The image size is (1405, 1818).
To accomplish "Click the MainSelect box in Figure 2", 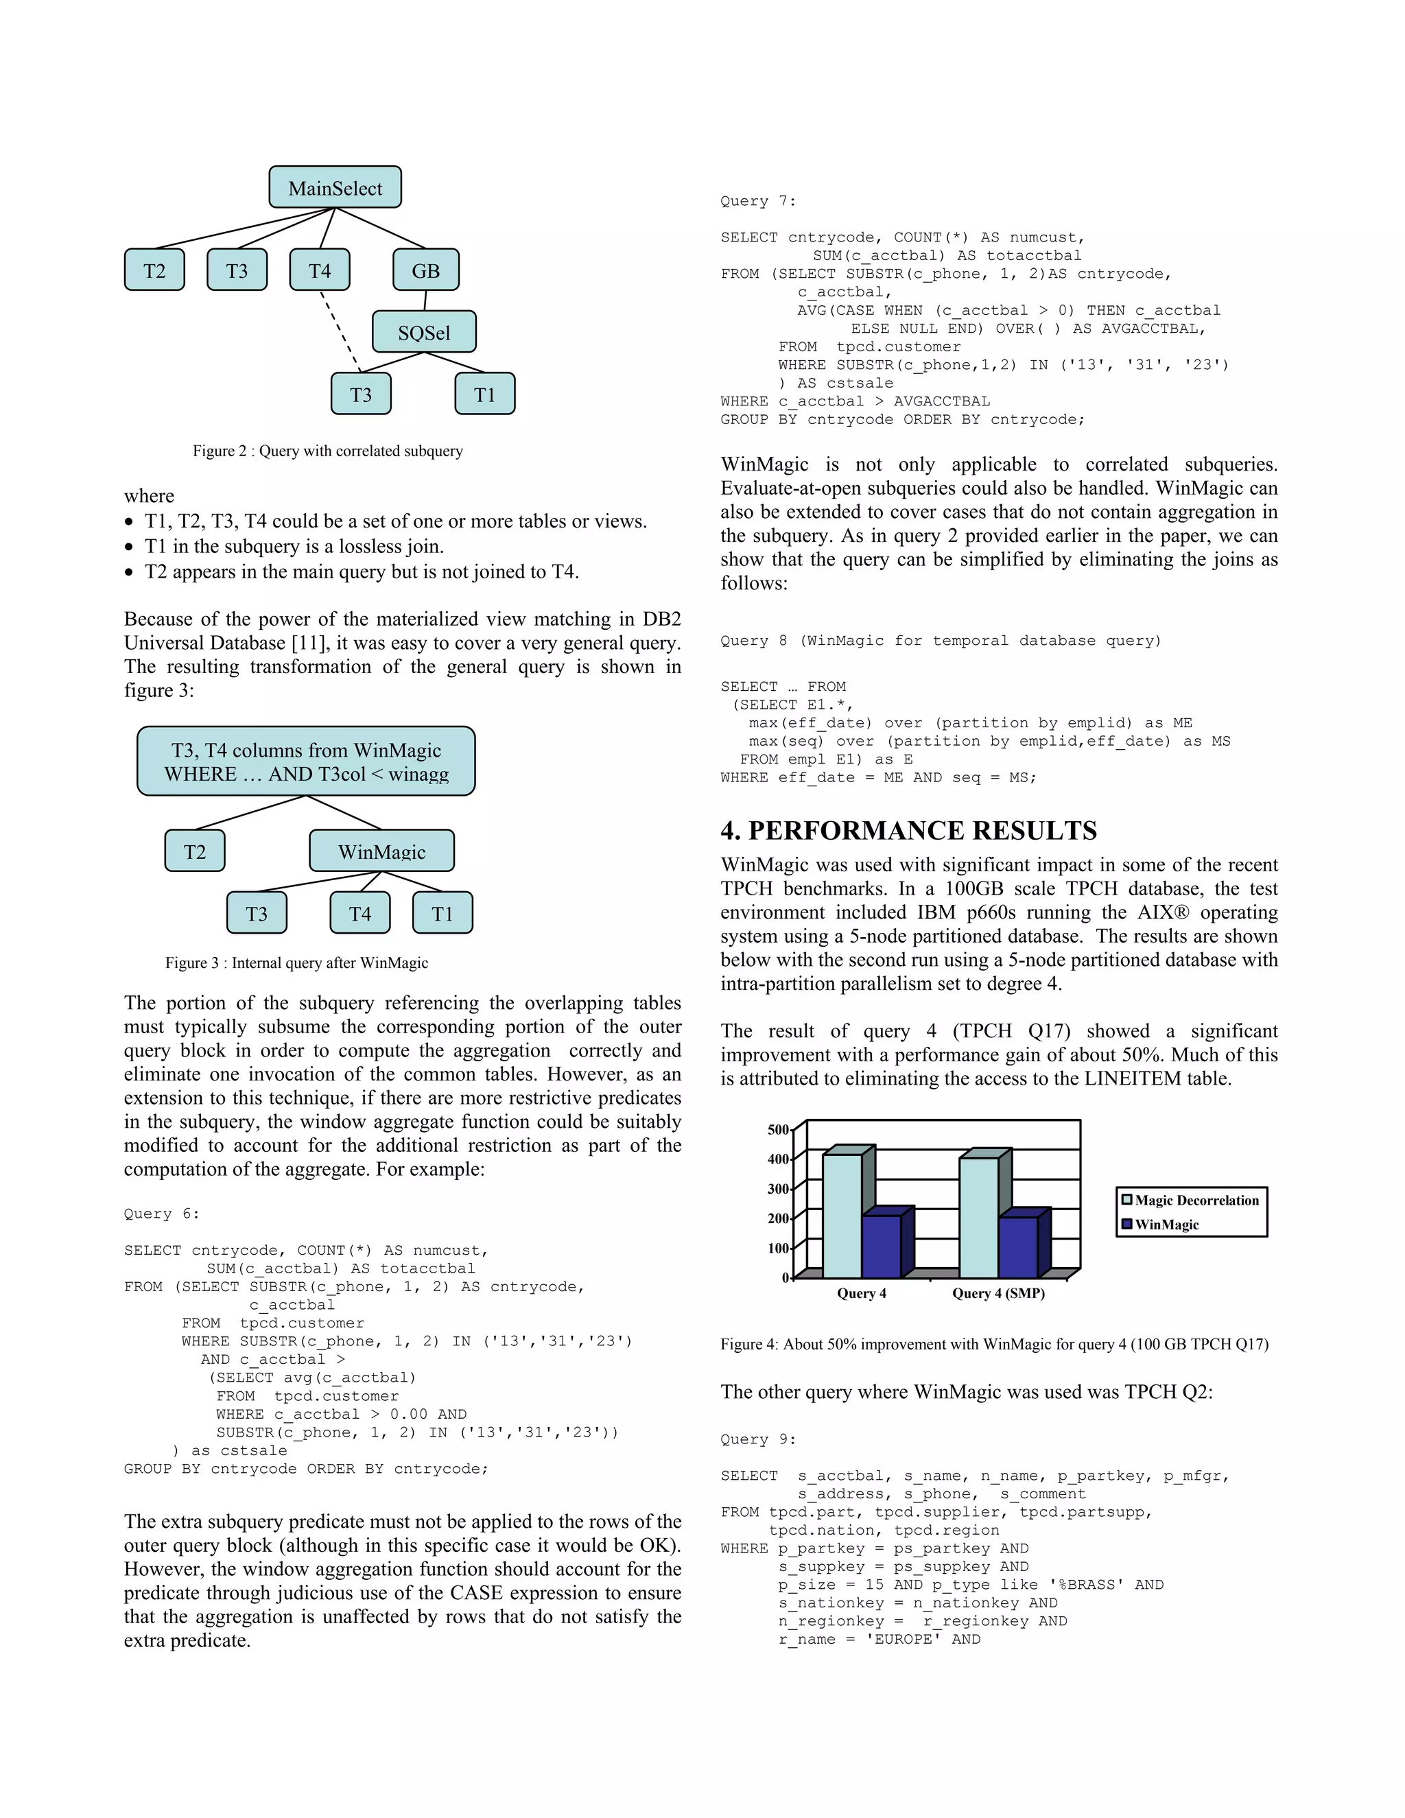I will (x=335, y=187).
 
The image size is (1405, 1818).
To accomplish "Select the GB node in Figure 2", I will (x=425, y=270).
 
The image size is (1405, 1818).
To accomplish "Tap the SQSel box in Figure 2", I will (x=424, y=332).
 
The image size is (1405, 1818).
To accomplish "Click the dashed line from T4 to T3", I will (x=340, y=331).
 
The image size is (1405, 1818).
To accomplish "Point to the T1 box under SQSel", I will (x=484, y=394).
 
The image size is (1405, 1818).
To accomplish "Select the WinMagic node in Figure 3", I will (x=381, y=851).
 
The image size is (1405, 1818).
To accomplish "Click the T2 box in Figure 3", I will (x=195, y=851).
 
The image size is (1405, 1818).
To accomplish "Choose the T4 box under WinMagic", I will (x=359, y=913).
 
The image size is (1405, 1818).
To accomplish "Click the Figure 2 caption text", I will (x=327, y=451).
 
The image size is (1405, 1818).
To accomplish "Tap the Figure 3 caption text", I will (x=296, y=963).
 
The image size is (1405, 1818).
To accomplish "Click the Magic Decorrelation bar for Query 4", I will (x=842, y=1216).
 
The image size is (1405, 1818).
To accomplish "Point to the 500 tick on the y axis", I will (x=777, y=1130).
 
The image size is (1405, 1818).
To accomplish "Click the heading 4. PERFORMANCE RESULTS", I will (x=908, y=831).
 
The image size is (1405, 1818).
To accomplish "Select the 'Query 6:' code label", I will (x=161, y=1214).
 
